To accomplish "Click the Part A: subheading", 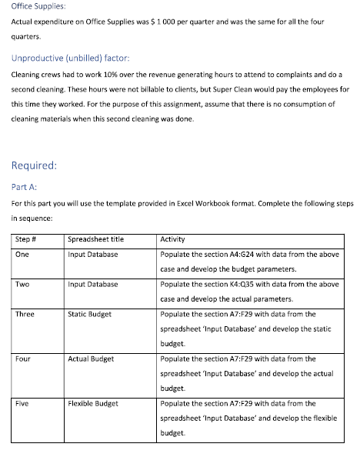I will coord(25,186).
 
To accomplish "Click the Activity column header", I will coord(173,239).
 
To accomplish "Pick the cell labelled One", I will coord(23,254).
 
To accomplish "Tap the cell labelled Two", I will coord(23,284).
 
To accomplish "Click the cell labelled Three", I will coord(25,314).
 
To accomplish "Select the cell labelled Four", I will coord(24,359).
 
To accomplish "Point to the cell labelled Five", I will coord(23,403).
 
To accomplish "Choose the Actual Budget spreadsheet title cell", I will coord(91,359).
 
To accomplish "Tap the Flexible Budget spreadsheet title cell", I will coord(93,403).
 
